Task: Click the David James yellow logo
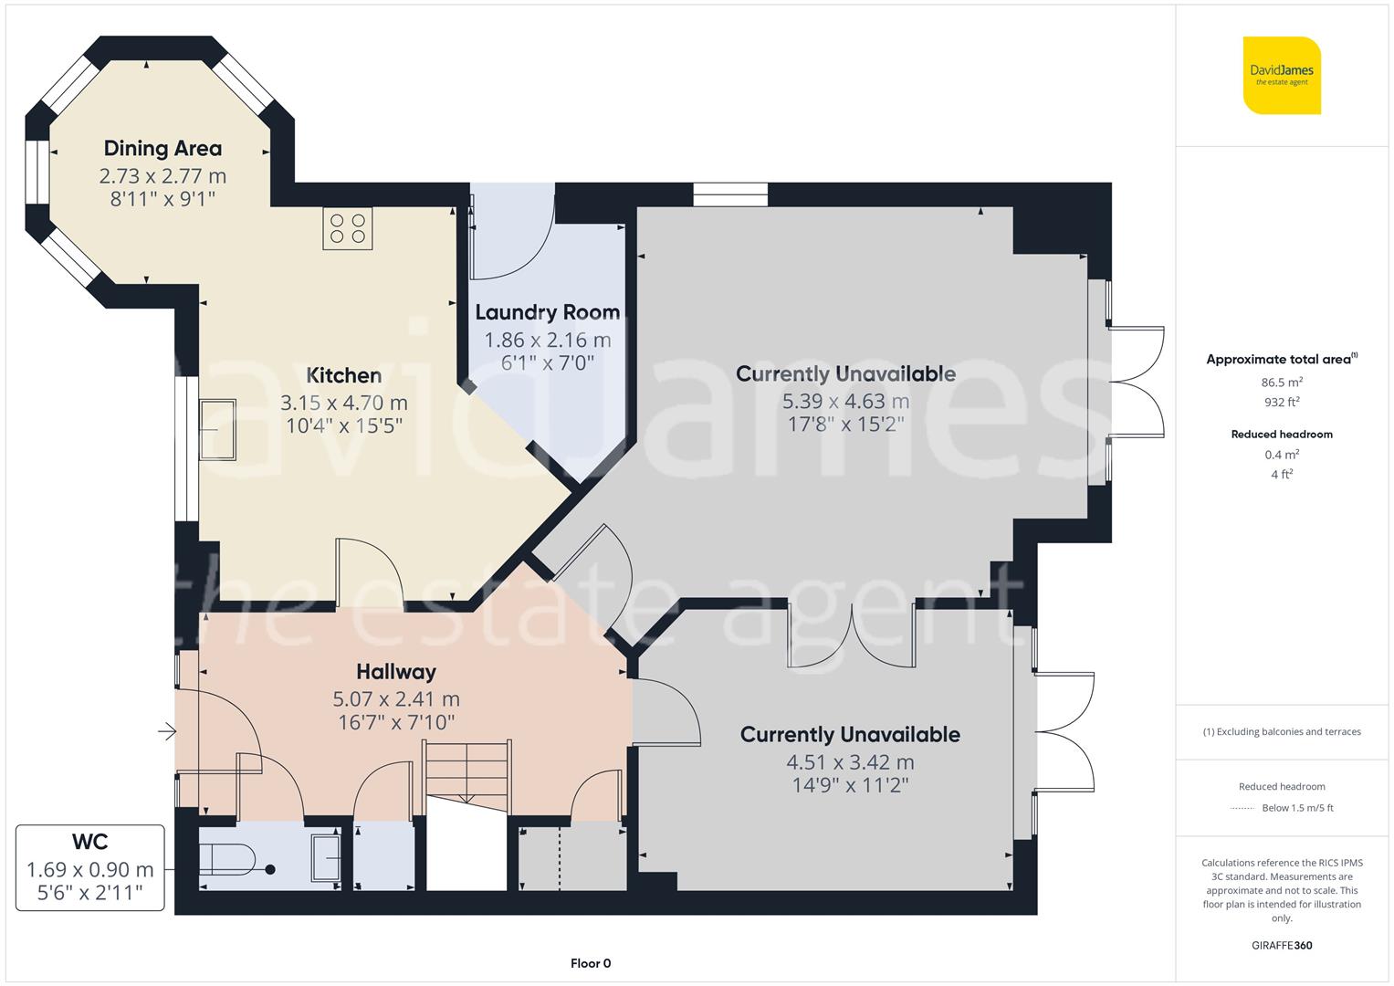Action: pyautogui.click(x=1282, y=75)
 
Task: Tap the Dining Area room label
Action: pyautogui.click(x=162, y=148)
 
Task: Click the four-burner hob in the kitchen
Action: pyautogui.click(x=347, y=228)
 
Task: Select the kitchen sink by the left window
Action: pyautogui.click(x=218, y=429)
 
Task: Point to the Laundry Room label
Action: pyautogui.click(x=547, y=312)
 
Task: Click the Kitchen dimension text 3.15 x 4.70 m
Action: pyautogui.click(x=344, y=403)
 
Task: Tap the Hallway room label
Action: pyautogui.click(x=396, y=672)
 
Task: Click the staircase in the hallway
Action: pyautogui.click(x=466, y=771)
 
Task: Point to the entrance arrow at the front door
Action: pyautogui.click(x=166, y=731)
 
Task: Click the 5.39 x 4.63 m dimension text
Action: pyautogui.click(x=845, y=401)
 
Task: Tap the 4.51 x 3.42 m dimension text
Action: pyautogui.click(x=850, y=762)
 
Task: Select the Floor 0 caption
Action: pyautogui.click(x=590, y=963)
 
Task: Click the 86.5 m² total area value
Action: pyautogui.click(x=1282, y=383)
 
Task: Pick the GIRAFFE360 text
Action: pyautogui.click(x=1282, y=945)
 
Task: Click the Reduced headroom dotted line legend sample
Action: pyautogui.click(x=1242, y=808)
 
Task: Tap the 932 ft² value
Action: pyautogui.click(x=1282, y=402)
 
